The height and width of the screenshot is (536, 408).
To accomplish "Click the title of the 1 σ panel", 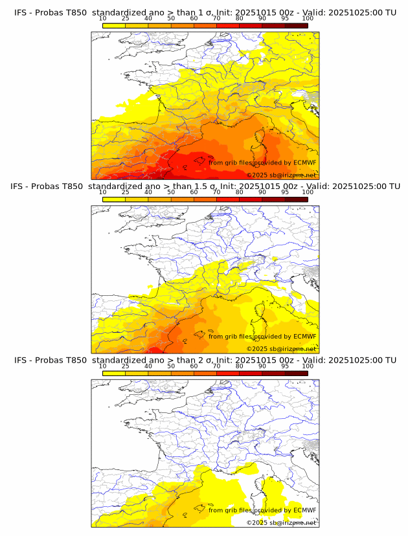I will pos(205,12).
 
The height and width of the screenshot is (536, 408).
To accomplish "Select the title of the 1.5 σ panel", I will pos(205,186).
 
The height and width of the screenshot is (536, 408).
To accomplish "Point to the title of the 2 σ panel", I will pos(205,360).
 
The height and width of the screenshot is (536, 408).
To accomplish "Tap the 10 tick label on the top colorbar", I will pos(103,18).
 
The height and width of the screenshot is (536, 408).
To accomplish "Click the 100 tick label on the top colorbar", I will pos(308,18).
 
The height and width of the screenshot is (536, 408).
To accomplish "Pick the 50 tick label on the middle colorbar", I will pos(171,192).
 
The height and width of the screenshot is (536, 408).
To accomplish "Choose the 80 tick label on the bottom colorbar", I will pos(240,366).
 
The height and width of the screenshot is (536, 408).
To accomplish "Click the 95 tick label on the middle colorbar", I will pos(285,192).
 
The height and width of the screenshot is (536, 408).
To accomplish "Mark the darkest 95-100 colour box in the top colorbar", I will pos(296,25).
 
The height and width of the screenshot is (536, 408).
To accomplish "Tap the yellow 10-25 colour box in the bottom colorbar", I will pos(114,373).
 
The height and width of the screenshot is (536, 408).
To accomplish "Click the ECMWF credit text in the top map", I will pos(262,162).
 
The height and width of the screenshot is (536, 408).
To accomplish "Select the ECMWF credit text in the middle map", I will pos(262,337).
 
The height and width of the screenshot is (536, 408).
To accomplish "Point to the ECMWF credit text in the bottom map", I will pos(262,510).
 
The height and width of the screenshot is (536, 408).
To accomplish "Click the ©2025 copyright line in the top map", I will pos(281,175).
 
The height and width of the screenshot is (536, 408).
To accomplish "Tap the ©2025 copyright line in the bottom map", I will pos(281,522).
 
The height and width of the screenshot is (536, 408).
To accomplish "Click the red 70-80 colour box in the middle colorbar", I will pos(228,199).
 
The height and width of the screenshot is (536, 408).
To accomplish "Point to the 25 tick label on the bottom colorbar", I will pos(126,366).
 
